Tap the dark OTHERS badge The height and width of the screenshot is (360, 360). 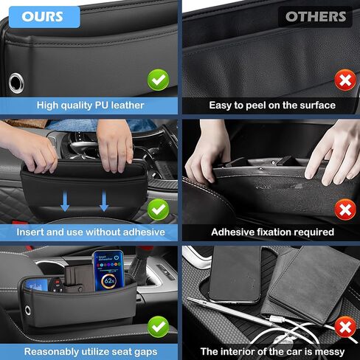click(316, 16)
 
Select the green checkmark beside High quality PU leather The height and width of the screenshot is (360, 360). click(157, 78)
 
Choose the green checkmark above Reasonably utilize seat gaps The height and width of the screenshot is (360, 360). click(157, 325)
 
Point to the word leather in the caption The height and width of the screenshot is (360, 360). click(125, 105)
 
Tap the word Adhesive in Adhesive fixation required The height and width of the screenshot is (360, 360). click(235, 232)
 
